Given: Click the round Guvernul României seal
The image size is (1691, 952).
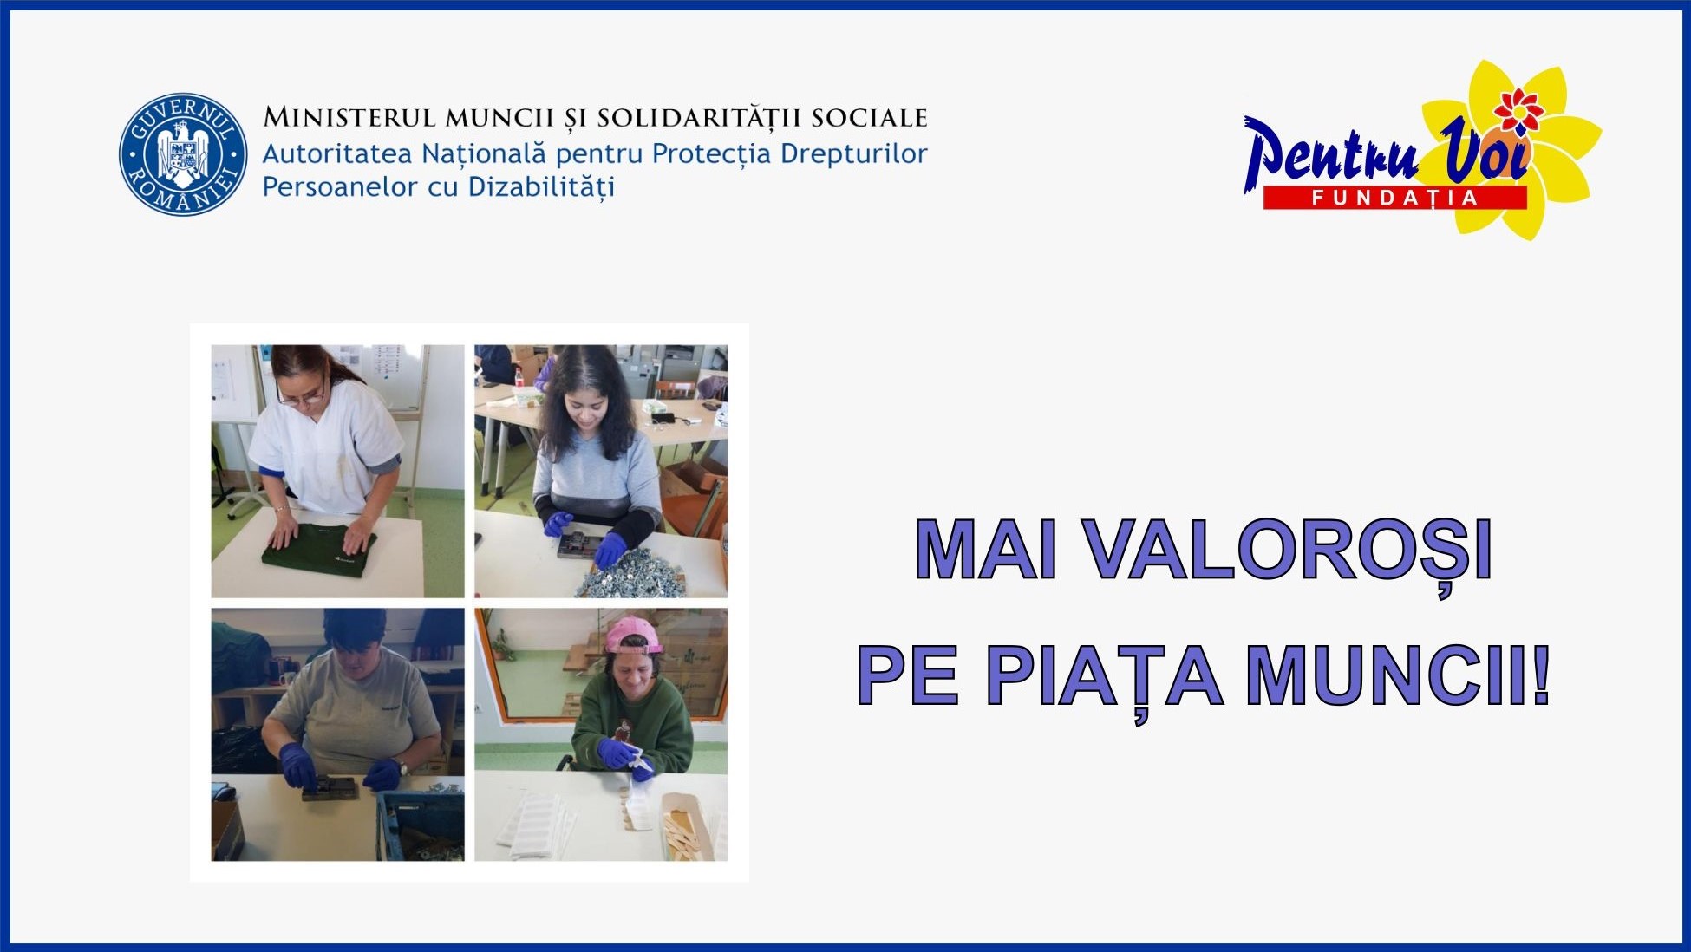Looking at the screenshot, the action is [x=183, y=154].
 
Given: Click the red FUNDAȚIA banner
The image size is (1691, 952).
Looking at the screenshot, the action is [x=1394, y=198].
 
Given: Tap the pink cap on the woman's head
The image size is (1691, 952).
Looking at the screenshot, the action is [x=633, y=636].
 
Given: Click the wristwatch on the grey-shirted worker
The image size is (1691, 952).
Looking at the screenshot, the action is [x=402, y=767].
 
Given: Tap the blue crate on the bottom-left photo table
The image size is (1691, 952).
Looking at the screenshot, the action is [x=420, y=825].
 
